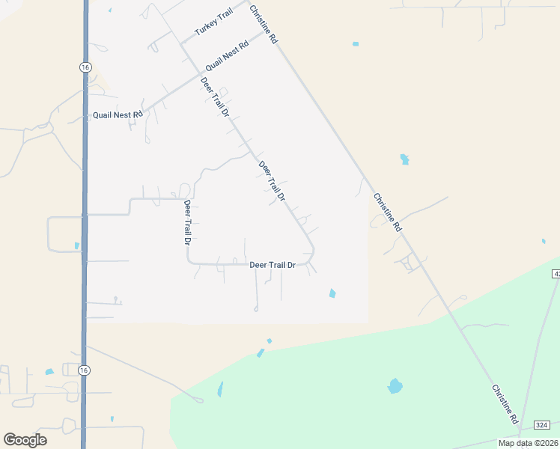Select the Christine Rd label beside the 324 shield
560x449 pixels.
pos(505,406)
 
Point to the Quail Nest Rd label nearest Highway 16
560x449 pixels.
pos(118,115)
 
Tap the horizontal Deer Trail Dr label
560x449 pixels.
pos(273,265)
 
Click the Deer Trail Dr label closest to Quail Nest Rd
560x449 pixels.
pos(215,97)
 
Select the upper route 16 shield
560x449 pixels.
pos(85,67)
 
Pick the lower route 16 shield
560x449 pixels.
pos(85,370)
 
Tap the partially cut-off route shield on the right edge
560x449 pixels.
pos(556,275)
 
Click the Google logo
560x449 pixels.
pos(25,440)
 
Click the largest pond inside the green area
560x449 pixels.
pos(395,386)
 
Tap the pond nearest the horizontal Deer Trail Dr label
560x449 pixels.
pos(332,293)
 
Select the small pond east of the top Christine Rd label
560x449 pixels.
pos(356,44)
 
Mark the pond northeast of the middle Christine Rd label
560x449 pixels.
pos(405,159)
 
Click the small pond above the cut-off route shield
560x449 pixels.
pos(544,241)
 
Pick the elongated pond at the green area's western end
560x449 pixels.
pos(220,389)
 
